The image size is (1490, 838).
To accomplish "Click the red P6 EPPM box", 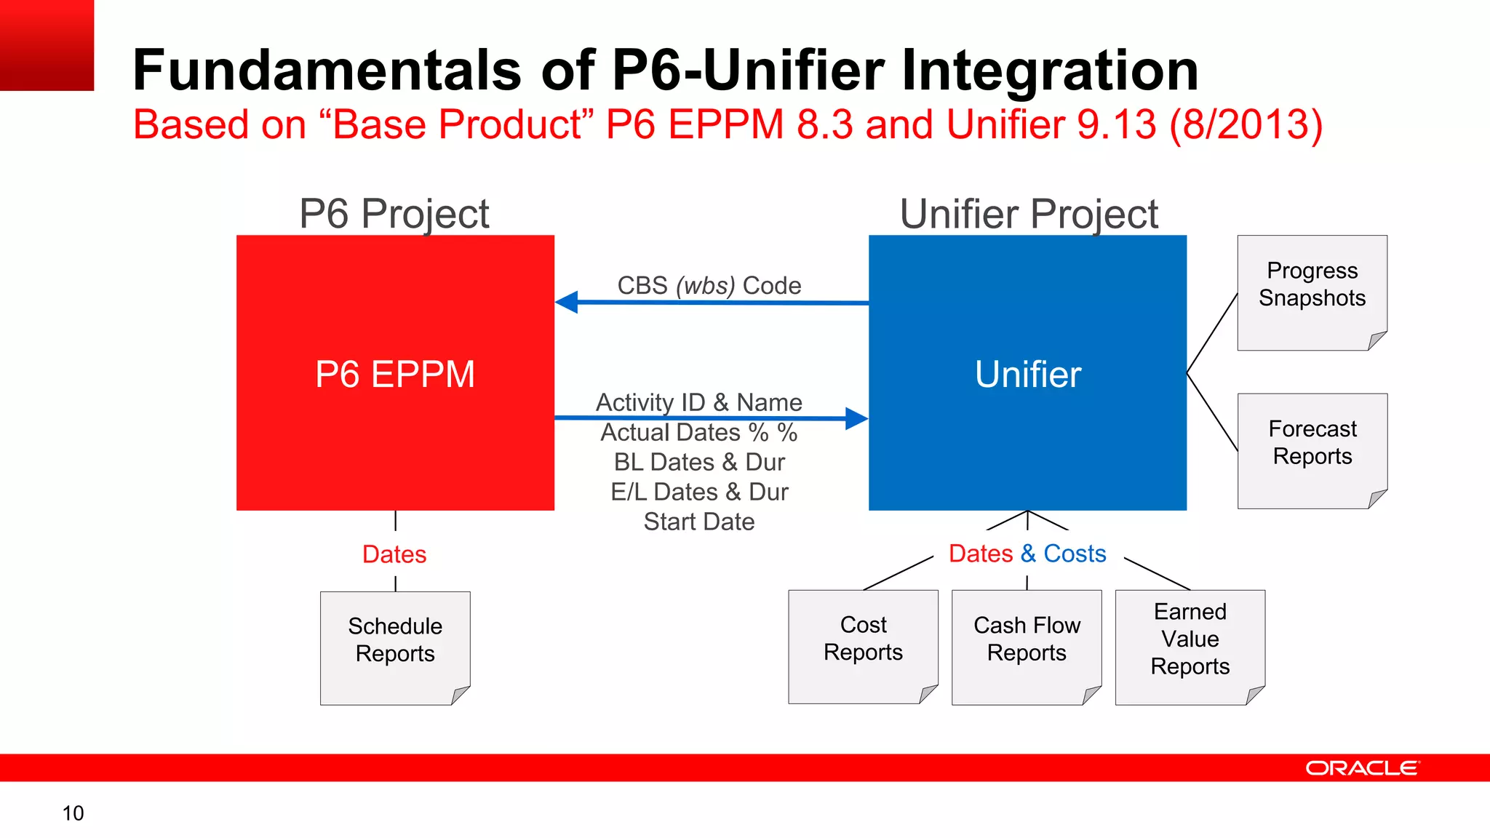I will coord(395,372).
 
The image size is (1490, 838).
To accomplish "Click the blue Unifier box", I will coord(1027,372).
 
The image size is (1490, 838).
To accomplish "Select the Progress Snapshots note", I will coord(1312,292).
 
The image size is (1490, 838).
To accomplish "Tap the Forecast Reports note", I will coord(1312,450).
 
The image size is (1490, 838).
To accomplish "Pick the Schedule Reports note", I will coord(395,647).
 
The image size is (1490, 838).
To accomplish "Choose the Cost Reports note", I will coord(863,646).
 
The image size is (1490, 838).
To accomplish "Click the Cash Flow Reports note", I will coord(1027,647).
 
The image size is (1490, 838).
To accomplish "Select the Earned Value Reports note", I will coord(1190,647).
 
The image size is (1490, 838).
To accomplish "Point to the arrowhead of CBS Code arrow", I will coord(567,302).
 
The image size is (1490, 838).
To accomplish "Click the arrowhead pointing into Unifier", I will coord(857,418).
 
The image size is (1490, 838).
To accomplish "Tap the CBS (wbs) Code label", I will coord(709,285).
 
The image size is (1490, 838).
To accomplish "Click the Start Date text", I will coord(699,522).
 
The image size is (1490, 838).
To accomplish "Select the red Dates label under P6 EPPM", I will coord(394,554).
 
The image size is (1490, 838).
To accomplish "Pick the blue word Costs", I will coord(1075,554).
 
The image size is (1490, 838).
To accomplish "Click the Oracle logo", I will coord(1362,768).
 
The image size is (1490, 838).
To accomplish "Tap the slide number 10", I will coord(73,813).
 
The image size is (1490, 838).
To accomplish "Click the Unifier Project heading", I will coord(1029,214).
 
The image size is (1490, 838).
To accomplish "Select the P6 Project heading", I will coord(394,214).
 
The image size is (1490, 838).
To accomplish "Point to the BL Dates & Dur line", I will coord(699,462).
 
